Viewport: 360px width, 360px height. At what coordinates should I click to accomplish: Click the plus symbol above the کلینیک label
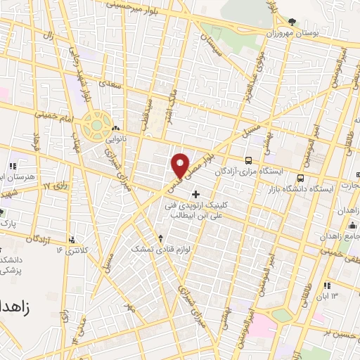pyautogui.click(x=195, y=193)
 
